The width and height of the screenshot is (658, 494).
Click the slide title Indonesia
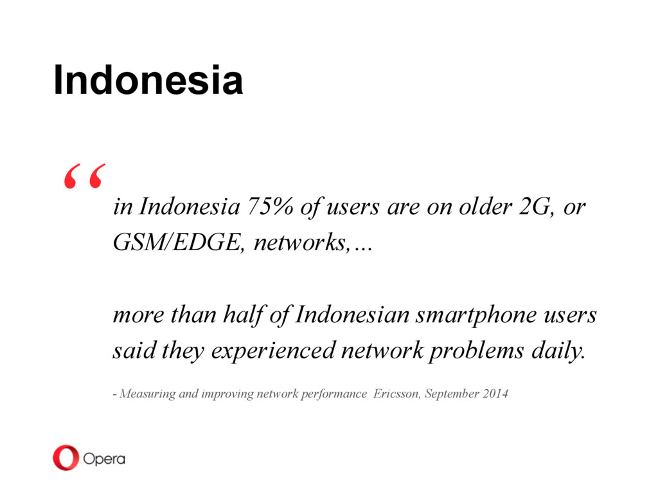point(148,80)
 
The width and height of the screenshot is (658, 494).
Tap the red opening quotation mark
point(85,176)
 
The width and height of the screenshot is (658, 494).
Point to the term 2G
point(535,206)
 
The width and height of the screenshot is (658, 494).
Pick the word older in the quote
point(485,206)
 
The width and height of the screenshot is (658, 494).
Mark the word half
point(244,315)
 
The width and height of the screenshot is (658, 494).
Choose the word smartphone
point(476,315)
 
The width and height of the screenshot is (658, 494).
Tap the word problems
point(476,351)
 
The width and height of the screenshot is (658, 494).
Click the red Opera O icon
point(66,457)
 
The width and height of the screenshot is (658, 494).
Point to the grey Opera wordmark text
point(104,459)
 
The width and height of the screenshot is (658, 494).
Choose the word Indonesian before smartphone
point(352,315)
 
